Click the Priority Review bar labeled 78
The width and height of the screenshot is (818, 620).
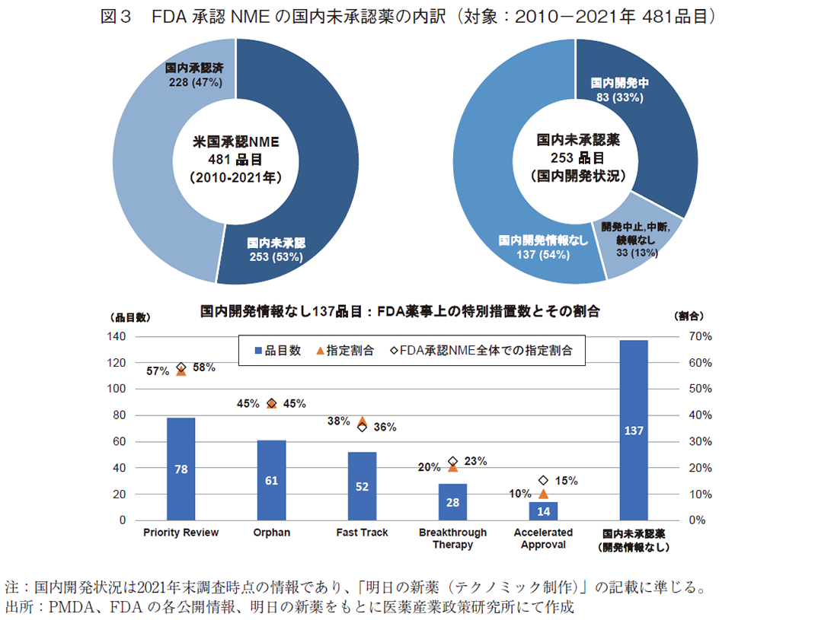tap(181, 469)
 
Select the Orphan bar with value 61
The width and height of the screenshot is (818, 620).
tap(271, 480)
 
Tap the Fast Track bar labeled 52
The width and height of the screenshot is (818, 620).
tap(362, 486)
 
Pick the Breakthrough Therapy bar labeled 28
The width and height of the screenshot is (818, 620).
tap(452, 502)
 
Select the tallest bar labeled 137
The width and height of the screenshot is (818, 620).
tap(634, 430)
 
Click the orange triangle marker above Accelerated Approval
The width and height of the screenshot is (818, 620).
tap(543, 494)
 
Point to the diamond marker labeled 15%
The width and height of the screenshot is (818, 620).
tap(543, 481)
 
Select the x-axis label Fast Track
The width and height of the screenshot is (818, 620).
tap(362, 533)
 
